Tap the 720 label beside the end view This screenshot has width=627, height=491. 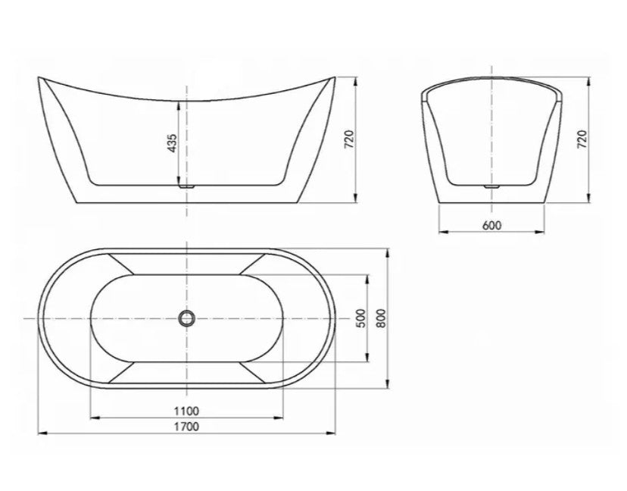(582, 139)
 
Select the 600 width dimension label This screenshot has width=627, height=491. (491, 225)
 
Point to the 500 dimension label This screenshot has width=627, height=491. (361, 317)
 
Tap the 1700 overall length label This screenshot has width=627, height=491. (186, 426)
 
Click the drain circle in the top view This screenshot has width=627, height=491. (186, 318)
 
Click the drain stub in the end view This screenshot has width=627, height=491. (491, 184)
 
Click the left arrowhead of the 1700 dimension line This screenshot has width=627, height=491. (42, 433)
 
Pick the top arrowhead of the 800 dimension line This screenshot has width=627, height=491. (388, 249)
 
